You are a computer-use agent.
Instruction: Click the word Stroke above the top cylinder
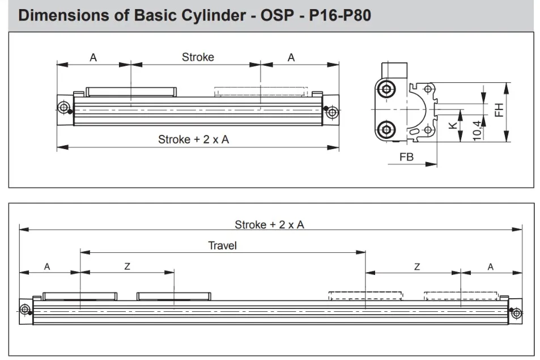point(198,57)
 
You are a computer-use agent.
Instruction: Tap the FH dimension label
point(499,110)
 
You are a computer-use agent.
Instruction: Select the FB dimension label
point(406,157)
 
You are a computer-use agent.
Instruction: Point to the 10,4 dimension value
point(477,130)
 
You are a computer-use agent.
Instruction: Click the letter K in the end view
point(453,125)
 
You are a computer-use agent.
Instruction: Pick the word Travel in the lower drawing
point(222,245)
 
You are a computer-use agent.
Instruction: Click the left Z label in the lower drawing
point(127,266)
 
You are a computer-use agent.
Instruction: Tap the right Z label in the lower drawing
point(416,266)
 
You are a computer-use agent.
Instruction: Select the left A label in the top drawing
point(93,57)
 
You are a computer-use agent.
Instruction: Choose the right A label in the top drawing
point(291,57)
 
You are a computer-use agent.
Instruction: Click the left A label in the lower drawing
point(47,266)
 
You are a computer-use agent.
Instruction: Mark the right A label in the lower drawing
point(490,266)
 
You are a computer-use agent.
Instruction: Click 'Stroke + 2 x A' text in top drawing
point(194,139)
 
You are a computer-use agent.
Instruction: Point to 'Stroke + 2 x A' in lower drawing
point(269,225)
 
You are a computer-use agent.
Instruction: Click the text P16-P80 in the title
point(339,15)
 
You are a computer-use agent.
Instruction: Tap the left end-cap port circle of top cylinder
point(63,107)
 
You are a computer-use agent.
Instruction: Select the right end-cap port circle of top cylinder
point(332,112)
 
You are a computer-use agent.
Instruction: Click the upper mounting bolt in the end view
point(386,89)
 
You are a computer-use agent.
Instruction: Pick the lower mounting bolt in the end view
point(386,129)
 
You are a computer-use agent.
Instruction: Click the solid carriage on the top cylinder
point(131,92)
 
